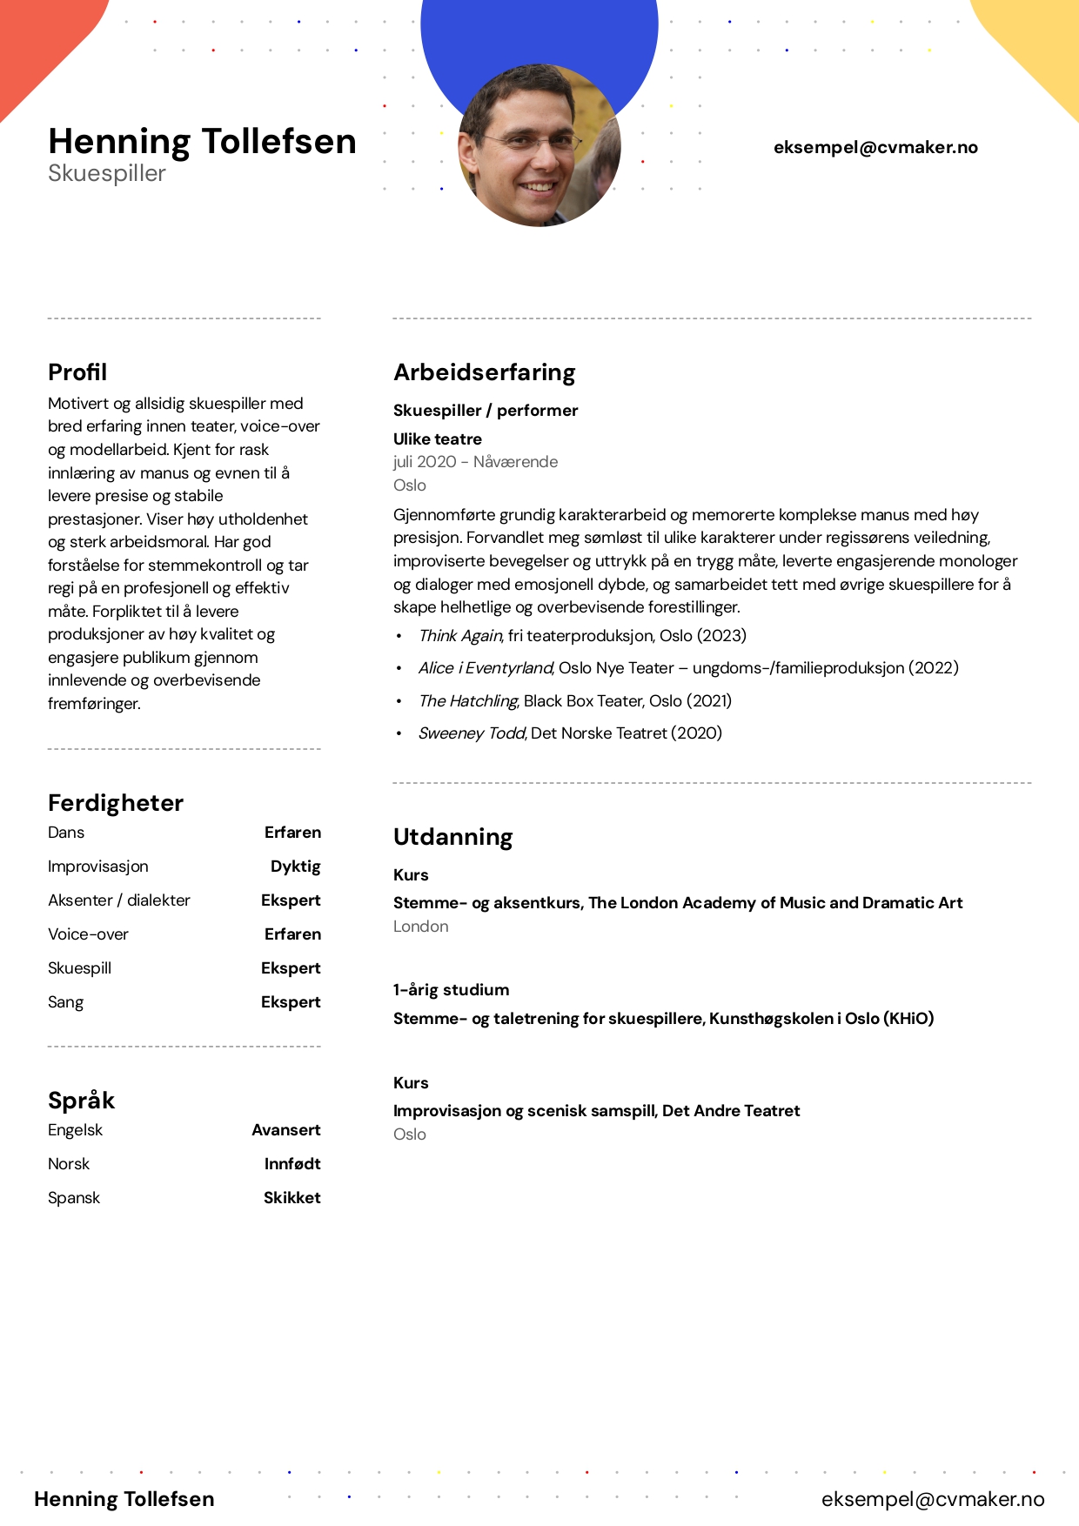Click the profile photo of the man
(539, 145)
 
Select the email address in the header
(875, 147)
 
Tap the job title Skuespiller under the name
(107, 173)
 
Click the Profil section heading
(77, 372)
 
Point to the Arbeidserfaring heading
(484, 372)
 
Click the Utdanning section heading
(452, 837)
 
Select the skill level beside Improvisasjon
(295, 867)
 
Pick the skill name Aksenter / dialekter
(119, 900)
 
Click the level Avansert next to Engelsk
(285, 1130)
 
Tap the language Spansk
(74, 1198)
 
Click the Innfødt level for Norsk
(292, 1164)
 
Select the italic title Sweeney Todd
(472, 733)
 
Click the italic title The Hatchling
(468, 701)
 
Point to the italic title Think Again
(460, 636)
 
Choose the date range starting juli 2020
(475, 462)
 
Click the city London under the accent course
(420, 927)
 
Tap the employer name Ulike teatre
(437, 439)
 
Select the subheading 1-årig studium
(451, 990)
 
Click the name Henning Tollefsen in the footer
(124, 1499)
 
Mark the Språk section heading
(81, 1101)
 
